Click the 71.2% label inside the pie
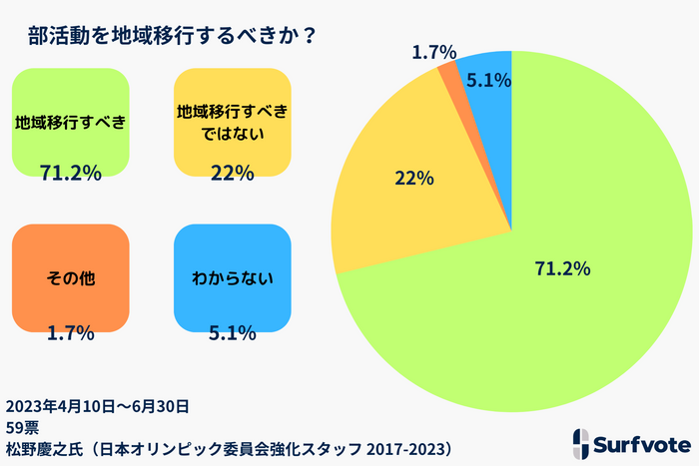tap(563, 268)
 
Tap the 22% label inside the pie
tap(413, 179)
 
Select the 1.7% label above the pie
tap(433, 52)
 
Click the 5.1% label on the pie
tap(489, 79)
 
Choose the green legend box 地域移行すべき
tap(71, 123)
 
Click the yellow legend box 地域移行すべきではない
tap(232, 123)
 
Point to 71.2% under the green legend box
tap(71, 174)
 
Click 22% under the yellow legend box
tap(232, 174)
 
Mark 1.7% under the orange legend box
tap(71, 332)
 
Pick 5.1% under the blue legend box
tap(232, 332)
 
